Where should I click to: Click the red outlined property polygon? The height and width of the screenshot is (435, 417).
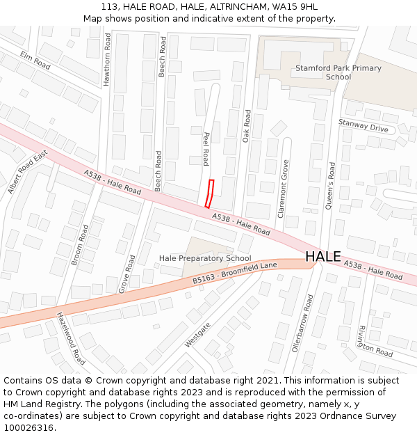click(209, 193)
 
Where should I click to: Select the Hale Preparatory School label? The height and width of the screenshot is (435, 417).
click(205, 258)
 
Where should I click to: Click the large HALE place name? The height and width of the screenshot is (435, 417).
click(323, 257)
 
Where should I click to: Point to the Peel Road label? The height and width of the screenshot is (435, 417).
click(206, 148)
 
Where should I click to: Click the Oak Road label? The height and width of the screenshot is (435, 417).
click(246, 126)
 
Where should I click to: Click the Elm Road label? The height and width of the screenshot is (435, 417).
click(35, 61)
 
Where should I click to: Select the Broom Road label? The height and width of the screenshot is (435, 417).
click(80, 244)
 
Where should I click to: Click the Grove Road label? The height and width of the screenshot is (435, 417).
click(127, 274)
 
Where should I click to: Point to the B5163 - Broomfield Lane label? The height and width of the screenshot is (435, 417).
click(235, 272)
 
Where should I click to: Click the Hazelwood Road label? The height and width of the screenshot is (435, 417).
click(71, 338)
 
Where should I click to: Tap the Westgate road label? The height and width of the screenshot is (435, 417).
click(197, 335)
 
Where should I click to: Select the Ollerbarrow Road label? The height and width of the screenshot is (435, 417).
click(303, 322)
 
